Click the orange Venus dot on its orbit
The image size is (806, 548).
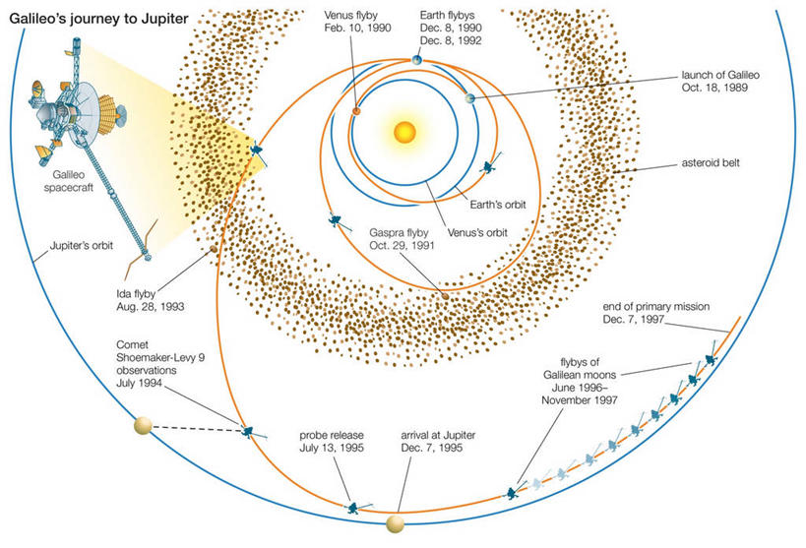[356, 111]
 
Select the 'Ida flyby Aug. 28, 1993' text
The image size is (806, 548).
[146, 299]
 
